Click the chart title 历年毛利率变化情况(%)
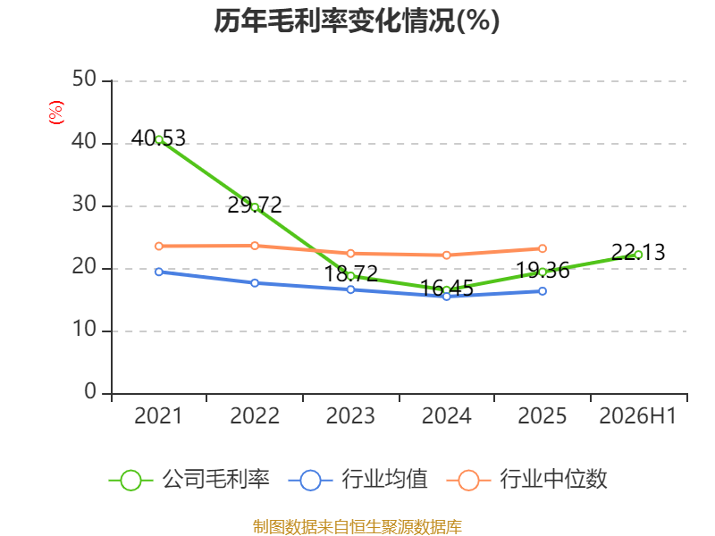357,21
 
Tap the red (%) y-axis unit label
56,113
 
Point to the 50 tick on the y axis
84,80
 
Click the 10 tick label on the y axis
84,329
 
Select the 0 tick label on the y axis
90,391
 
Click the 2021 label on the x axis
158,415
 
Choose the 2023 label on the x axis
350,415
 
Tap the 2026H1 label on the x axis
637,415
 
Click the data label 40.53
159,138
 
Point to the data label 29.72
255,205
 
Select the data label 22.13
638,252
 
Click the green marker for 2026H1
638,255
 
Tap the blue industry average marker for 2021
159,272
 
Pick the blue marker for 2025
543,291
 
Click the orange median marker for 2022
255,246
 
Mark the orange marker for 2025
543,248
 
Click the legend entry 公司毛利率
189,480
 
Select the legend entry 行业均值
358,480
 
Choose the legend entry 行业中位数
527,480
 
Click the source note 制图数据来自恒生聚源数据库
357,527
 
